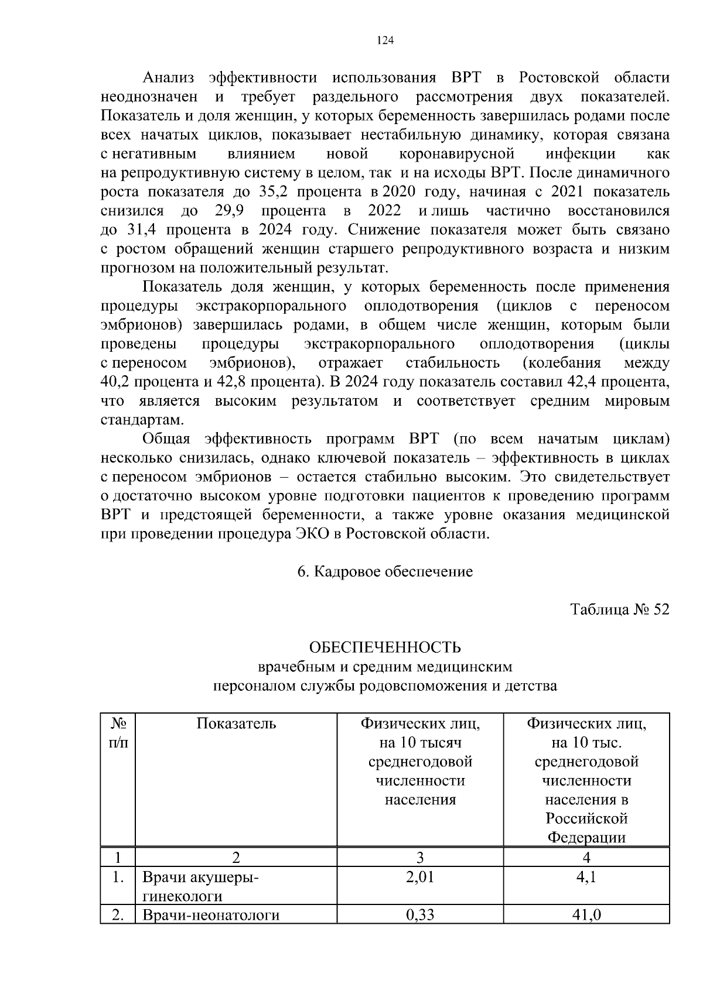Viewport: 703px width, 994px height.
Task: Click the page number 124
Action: pos(385,40)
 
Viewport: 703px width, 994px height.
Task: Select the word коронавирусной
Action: pos(456,154)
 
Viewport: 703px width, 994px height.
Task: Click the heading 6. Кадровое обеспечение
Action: pos(385,571)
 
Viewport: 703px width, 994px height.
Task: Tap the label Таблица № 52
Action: pos(620,609)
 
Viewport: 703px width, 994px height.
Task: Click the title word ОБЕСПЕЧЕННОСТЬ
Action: pos(385,647)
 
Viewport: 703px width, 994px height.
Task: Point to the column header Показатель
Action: pos(236,724)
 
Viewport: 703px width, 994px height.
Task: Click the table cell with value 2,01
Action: pos(420,877)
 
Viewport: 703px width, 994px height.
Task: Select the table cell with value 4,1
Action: pos(586,877)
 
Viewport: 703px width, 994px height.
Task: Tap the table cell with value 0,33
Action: pos(420,914)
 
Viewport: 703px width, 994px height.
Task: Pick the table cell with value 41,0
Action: pos(586,914)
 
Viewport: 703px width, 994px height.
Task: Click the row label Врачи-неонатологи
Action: pos(211,914)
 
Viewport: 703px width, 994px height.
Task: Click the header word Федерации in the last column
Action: pos(586,837)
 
